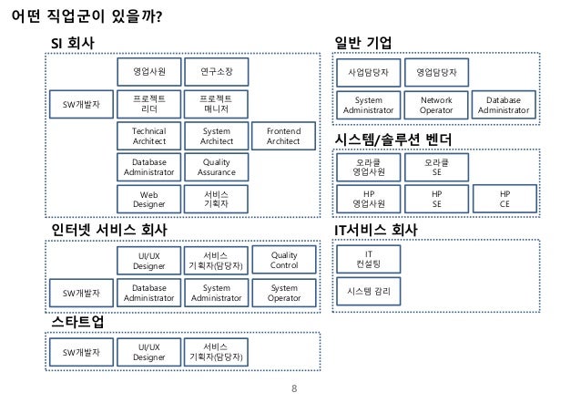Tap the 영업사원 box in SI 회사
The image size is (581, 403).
(148, 70)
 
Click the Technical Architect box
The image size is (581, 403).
(148, 136)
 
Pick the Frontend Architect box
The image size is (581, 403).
(283, 136)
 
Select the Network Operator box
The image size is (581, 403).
(436, 104)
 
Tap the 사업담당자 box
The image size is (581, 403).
(368, 70)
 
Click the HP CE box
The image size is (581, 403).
(505, 199)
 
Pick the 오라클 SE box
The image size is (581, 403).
(436, 167)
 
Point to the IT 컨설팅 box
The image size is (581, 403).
(368, 259)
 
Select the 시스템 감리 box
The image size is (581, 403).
(368, 292)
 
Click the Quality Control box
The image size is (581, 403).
(283, 260)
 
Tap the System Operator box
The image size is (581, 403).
(283, 293)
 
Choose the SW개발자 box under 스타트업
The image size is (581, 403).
(81, 351)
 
